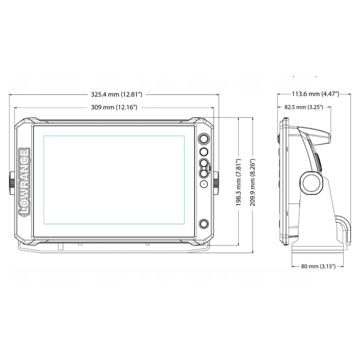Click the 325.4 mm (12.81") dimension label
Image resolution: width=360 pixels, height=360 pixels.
click(x=116, y=94)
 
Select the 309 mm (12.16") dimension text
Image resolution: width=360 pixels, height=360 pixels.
click(x=114, y=107)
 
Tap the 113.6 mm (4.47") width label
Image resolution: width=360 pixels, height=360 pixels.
click(x=316, y=94)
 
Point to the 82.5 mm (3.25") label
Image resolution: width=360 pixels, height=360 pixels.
click(x=304, y=107)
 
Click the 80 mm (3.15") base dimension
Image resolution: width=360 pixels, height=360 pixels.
click(x=318, y=266)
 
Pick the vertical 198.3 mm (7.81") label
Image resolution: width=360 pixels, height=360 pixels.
click(x=239, y=182)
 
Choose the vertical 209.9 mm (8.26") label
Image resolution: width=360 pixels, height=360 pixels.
click(x=253, y=182)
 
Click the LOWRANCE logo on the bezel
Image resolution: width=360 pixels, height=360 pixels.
click(x=24, y=182)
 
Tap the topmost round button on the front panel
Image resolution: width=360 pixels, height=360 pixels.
click(x=204, y=139)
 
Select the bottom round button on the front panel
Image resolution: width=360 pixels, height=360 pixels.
click(x=204, y=224)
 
